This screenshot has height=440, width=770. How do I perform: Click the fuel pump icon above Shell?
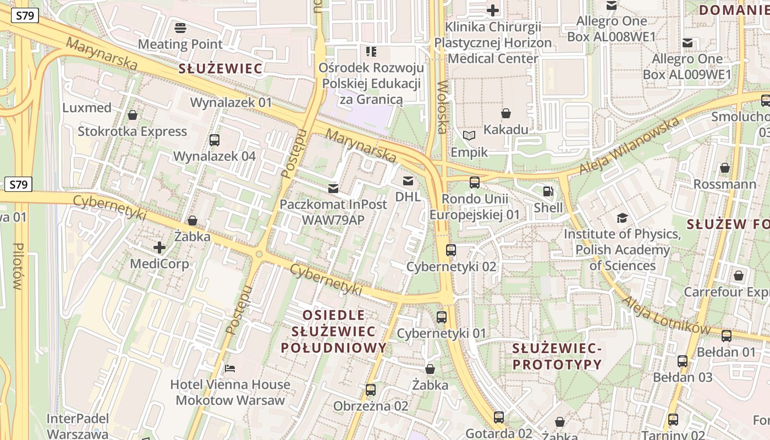coord(548,191)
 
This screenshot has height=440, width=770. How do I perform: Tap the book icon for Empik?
coord(469,135)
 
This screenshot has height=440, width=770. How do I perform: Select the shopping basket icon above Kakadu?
coord(505,113)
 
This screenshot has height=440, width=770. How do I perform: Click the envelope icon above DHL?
coord(408,180)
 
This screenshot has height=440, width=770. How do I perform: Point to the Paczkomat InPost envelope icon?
coord(333,188)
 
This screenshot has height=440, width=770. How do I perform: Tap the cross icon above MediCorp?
coord(159,248)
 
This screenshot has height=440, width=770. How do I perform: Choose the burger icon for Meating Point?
coord(180,28)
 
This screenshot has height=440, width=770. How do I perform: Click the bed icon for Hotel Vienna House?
coord(230,367)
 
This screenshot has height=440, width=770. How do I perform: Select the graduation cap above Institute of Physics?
coord(622,218)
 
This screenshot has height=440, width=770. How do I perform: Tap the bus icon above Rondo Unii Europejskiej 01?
coord(474,183)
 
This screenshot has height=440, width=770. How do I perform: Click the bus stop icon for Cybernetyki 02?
coord(451,250)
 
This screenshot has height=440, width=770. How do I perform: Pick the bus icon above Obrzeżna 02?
coord(371,390)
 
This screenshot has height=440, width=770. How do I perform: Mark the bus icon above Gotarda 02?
coord(498,417)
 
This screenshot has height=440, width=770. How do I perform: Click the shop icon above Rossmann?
coord(725,168)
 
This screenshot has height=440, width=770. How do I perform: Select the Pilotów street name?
coord(18,266)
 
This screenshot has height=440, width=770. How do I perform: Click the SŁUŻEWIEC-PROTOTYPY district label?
coord(557,356)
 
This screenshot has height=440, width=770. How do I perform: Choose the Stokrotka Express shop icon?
coord(132,115)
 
